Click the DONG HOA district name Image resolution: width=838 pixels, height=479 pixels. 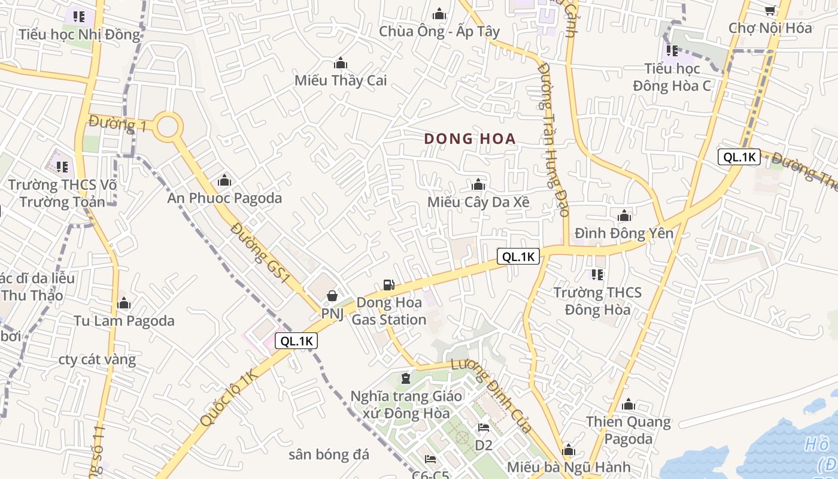pyautogui.click(x=470, y=139)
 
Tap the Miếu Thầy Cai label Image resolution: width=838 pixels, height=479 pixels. pyautogui.click(x=341, y=80)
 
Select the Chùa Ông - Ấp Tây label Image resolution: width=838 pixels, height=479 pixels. pyautogui.click(x=439, y=31)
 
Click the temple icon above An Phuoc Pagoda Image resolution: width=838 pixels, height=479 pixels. pyautogui.click(x=224, y=180)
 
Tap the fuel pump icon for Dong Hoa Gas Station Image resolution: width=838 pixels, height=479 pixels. pyautogui.click(x=389, y=286)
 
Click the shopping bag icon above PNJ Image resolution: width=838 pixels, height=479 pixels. pyautogui.click(x=332, y=296)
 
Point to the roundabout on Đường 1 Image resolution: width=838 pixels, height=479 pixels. pyautogui.click(x=168, y=127)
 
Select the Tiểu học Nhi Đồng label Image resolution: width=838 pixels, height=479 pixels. pyautogui.click(x=79, y=34)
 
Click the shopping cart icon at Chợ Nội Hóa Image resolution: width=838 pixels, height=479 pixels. pyautogui.click(x=770, y=10)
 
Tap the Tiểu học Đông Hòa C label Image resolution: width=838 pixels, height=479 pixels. pyautogui.click(x=672, y=77)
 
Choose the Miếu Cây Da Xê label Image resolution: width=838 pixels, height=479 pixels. pyautogui.click(x=478, y=202)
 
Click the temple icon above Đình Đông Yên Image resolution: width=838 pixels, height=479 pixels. pyautogui.click(x=624, y=216)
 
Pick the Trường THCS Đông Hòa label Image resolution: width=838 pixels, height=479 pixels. pyautogui.click(x=597, y=301)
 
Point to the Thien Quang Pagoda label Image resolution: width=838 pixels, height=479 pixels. pyautogui.click(x=628, y=430)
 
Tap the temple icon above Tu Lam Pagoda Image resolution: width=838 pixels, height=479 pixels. pyautogui.click(x=124, y=304)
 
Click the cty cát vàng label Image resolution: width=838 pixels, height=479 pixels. pyautogui.click(x=97, y=360)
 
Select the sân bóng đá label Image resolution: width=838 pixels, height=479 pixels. pyautogui.click(x=329, y=454)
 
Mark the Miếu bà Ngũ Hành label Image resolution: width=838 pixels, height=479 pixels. pyautogui.click(x=568, y=467)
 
